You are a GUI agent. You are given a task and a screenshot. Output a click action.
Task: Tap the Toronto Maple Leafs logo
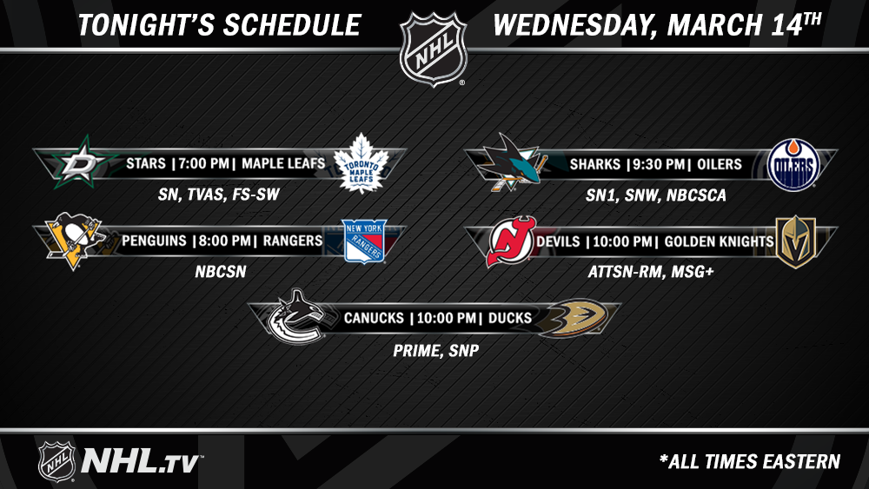362,163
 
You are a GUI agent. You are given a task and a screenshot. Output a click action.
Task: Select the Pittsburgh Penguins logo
75,241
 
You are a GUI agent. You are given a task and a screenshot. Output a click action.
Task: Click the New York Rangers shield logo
364,241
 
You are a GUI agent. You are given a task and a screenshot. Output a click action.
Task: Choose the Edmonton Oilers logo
793,164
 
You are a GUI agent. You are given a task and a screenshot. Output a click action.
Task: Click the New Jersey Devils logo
511,241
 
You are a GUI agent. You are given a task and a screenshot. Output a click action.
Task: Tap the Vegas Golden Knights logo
796,242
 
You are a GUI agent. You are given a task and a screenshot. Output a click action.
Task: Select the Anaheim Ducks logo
573,318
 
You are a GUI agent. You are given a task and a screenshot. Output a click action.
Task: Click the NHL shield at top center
434,49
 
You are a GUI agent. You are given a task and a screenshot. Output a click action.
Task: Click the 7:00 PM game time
203,163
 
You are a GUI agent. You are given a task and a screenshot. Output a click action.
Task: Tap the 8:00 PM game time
224,241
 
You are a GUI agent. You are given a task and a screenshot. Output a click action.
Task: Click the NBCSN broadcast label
221,271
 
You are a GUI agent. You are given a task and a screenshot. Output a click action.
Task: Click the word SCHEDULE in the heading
292,25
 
